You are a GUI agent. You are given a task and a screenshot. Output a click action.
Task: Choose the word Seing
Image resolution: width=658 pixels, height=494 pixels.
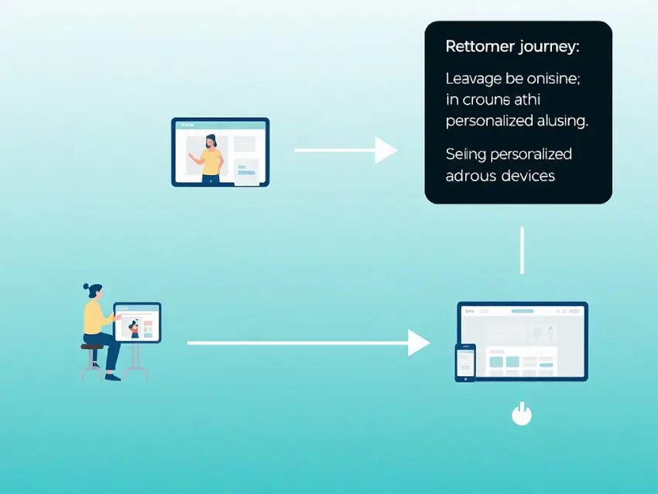tap(463, 154)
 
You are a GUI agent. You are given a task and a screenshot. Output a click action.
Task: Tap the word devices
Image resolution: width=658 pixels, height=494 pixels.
tap(528, 176)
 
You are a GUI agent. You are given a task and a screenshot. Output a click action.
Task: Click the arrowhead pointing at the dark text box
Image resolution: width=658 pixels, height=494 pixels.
tap(386, 150)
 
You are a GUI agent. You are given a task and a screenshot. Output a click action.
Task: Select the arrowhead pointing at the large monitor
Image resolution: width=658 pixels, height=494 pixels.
tap(419, 342)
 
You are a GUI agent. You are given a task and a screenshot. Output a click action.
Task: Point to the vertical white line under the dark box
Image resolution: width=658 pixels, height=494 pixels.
tap(523, 250)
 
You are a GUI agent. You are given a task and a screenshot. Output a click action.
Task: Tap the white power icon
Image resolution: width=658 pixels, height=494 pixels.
tap(523, 414)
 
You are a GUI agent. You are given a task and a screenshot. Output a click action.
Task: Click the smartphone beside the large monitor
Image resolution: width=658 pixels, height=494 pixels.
tap(464, 362)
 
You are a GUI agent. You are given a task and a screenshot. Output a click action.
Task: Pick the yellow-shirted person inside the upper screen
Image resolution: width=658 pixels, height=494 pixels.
tap(209, 158)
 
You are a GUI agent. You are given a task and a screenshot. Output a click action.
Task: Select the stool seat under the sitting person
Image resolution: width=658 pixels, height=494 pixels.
tap(92, 348)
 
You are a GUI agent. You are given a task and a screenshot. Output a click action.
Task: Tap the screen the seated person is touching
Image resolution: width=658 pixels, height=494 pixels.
tap(138, 322)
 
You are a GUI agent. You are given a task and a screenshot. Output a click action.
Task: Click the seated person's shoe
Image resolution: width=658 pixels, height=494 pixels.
tap(113, 377)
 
